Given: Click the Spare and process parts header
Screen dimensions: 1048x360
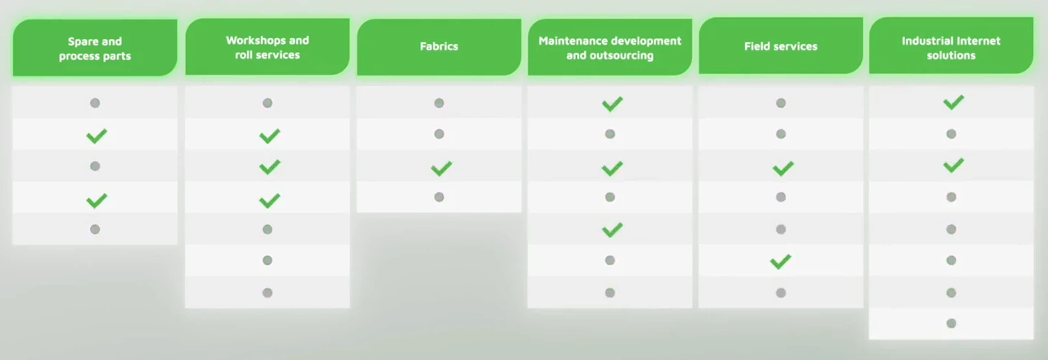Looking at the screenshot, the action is click(95, 48).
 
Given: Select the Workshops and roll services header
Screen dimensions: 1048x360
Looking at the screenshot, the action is click(267, 47).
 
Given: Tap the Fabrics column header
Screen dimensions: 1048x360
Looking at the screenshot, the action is click(439, 47).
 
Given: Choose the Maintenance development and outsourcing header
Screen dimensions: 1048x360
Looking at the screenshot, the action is click(609, 47).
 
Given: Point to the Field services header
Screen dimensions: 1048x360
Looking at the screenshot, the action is click(781, 46).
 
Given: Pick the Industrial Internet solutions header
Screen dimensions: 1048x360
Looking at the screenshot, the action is click(951, 46).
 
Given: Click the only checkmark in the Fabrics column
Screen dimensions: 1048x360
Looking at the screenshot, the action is click(441, 168).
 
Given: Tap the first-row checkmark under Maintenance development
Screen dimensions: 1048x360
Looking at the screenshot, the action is click(612, 103).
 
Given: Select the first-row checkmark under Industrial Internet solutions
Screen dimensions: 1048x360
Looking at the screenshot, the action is click(954, 102).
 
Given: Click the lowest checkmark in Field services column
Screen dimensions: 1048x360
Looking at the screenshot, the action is click(781, 261).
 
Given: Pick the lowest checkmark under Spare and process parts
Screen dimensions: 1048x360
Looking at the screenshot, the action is click(97, 201).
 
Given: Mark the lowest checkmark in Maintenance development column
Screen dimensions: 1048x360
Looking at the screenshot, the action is click(612, 229).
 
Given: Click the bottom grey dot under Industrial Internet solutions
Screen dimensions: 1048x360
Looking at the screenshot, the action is click(951, 323).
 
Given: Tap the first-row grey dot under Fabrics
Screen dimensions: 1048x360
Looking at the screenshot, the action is click(439, 103).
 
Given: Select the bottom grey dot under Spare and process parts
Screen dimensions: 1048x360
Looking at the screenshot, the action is click(95, 229).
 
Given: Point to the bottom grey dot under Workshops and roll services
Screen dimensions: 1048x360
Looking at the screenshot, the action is click(267, 293).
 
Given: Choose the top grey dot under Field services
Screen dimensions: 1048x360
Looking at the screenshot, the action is click(781, 103).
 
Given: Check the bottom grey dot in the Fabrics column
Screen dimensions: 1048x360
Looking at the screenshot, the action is click(439, 197).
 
